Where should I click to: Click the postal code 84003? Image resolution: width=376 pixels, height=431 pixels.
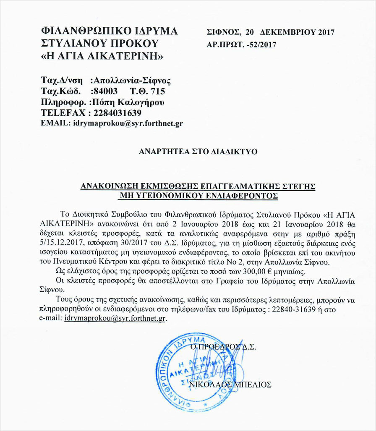point(107,91)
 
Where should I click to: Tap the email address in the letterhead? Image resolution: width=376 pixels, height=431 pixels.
point(128,124)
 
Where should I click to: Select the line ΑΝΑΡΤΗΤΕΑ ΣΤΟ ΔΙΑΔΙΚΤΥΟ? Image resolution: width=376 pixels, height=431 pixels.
point(198,151)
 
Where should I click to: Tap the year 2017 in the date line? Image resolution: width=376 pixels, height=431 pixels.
point(326,32)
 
